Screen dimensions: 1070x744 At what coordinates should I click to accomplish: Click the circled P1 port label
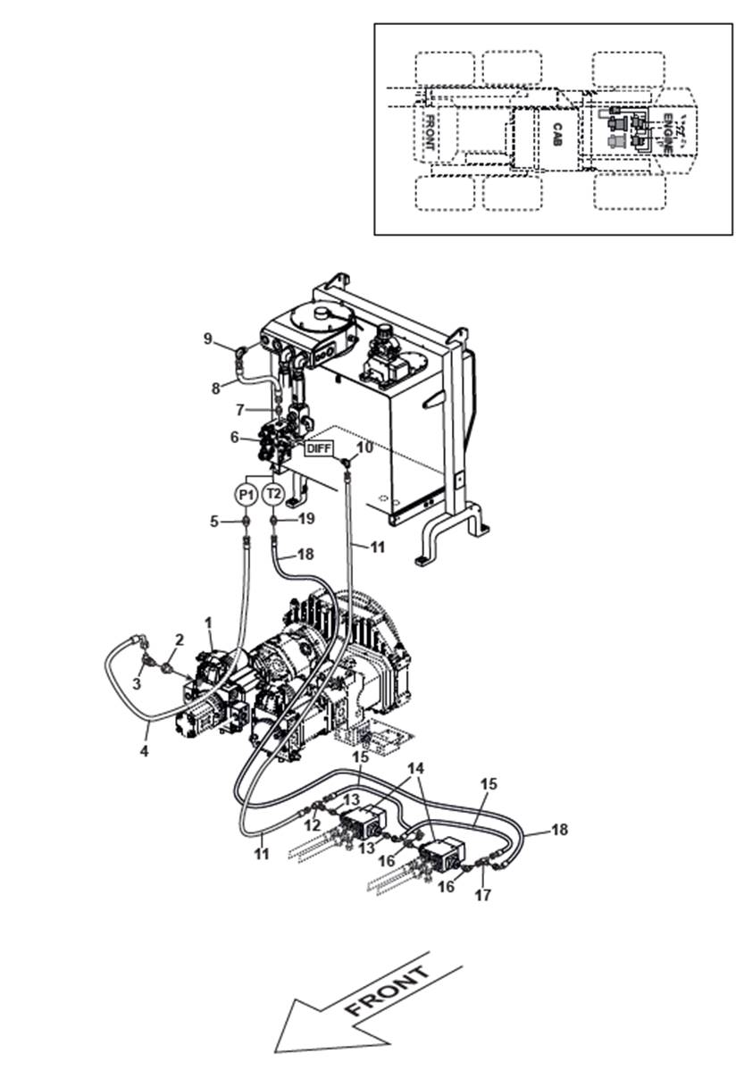coord(246,494)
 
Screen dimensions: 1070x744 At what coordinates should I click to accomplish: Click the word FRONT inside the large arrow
coord(388,991)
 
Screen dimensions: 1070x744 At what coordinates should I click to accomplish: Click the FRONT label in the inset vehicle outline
coord(430,132)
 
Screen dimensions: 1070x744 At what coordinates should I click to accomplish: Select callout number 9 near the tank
coord(207,339)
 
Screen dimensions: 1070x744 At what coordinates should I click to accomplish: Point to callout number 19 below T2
coord(305,519)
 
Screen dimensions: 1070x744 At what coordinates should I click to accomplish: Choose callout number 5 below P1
coord(214,520)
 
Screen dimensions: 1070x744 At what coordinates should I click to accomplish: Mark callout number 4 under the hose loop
coord(144,751)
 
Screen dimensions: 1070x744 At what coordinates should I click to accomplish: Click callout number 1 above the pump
coord(208,621)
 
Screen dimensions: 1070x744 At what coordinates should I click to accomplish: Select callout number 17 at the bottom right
coord(482,894)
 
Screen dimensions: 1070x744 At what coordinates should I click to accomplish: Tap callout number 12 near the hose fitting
coord(313,825)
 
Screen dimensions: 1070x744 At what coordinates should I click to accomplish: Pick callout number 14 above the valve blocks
coord(417,768)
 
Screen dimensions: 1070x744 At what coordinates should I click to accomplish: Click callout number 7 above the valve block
coord(239,409)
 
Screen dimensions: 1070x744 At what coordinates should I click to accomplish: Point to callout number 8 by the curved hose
coord(214,389)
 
